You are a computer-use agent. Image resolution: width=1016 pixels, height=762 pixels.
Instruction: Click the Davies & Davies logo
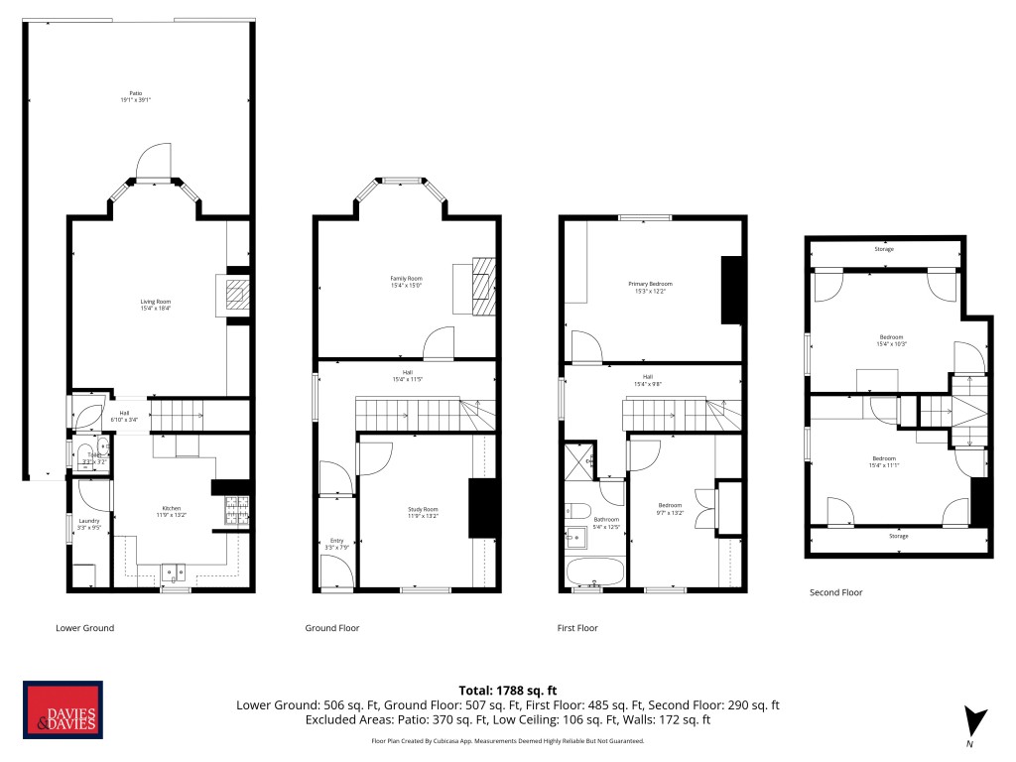click(63, 711)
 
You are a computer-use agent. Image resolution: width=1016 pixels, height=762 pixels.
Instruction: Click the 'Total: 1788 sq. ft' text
click(507, 690)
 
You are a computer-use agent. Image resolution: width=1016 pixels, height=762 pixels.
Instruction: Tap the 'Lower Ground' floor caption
click(84, 628)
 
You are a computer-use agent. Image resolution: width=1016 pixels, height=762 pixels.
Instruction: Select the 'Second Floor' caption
click(836, 592)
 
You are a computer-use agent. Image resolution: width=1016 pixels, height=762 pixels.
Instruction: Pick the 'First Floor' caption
click(578, 628)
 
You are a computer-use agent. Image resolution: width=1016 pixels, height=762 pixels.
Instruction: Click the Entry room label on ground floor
click(336, 544)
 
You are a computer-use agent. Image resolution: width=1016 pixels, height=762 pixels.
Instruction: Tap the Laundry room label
click(89, 524)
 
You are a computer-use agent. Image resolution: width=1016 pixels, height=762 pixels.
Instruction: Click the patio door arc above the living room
click(155, 159)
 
